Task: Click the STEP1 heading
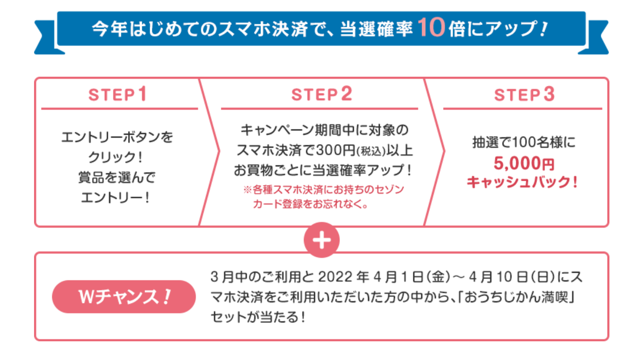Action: click(x=118, y=94)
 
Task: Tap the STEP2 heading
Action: click(x=322, y=94)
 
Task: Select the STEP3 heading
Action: click(x=524, y=94)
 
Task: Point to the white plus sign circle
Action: click(x=322, y=241)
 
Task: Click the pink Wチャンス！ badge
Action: click(x=124, y=297)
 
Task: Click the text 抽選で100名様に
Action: click(x=524, y=142)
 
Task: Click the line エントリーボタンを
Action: click(x=117, y=138)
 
